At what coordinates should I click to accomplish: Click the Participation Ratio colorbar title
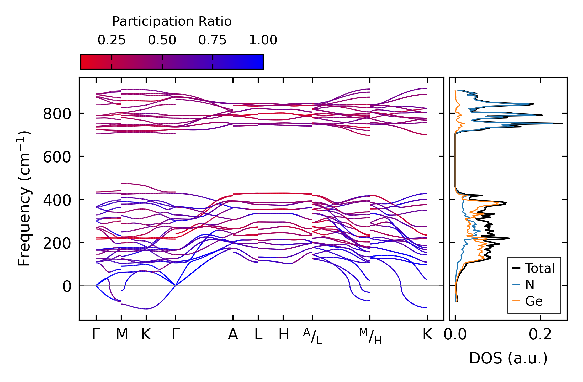[172, 22]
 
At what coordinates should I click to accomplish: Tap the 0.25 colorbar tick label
[112, 40]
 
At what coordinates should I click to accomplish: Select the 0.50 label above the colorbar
[162, 40]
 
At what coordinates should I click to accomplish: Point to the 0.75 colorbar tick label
[212, 40]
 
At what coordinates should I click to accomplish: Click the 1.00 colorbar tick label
[263, 40]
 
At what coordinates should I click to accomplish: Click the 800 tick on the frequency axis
[57, 114]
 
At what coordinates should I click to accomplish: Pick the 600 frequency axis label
[57, 157]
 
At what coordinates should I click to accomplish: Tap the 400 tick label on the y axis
[57, 200]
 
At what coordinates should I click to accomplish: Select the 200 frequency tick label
[57, 243]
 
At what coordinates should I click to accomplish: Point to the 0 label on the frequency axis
[67, 286]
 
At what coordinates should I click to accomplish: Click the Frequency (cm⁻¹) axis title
[24, 198]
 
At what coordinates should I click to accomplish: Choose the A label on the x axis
[233, 335]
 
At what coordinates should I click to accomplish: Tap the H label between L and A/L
[284, 335]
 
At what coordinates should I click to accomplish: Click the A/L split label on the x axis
[312, 336]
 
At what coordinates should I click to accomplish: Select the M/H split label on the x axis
[370, 336]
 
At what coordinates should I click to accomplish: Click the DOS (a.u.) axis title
[508, 358]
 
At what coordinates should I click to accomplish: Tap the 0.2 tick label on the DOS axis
[540, 335]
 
